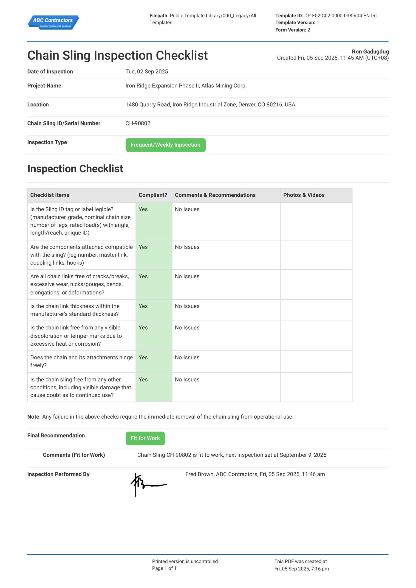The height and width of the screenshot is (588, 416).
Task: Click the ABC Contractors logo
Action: point(53,22)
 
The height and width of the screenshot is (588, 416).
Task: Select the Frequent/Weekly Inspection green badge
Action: point(165,145)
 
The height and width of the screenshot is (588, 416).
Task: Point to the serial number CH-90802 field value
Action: point(138,123)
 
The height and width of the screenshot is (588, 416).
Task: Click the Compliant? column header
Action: point(153,195)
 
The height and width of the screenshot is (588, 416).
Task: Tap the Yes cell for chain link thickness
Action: point(143,306)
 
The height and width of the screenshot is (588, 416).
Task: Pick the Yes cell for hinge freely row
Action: point(143,358)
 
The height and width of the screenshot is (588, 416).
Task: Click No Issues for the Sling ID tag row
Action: point(187,209)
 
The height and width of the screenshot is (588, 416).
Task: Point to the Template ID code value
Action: point(341,16)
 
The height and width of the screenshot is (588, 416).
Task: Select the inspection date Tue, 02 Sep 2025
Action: point(147,72)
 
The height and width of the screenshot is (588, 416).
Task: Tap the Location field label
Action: point(38,105)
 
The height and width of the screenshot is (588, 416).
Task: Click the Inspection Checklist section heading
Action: point(75,169)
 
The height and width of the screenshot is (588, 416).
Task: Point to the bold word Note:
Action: point(34,417)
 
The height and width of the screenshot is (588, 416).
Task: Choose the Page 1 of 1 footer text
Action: point(164,568)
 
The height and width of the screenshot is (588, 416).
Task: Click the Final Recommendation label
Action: point(56,436)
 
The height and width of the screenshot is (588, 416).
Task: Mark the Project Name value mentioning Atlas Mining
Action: point(186,86)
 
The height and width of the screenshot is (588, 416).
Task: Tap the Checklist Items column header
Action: point(50,195)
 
